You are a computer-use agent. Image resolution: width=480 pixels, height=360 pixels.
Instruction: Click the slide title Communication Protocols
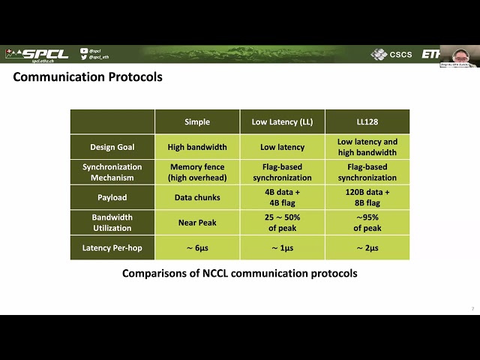pos(88,76)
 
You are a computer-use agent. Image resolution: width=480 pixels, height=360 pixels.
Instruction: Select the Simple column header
pos(197,122)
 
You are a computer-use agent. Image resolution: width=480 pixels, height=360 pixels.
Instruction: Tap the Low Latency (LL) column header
pos(282,122)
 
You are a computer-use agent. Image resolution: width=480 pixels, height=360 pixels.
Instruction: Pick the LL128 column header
pos(367,122)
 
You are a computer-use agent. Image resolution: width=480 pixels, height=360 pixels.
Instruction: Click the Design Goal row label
pos(112,147)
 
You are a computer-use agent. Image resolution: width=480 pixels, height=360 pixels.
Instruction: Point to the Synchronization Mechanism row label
pos(112,172)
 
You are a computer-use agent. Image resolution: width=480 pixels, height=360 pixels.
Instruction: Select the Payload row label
pos(112,198)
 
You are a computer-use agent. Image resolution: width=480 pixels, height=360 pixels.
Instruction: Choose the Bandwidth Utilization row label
pos(112,223)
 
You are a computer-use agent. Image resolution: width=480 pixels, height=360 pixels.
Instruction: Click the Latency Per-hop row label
pos(112,248)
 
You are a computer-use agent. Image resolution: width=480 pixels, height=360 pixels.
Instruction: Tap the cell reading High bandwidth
pos(197,147)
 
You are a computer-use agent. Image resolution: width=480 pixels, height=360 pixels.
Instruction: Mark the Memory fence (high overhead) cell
pos(197,172)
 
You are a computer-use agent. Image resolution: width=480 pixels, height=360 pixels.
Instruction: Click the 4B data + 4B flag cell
pos(282,198)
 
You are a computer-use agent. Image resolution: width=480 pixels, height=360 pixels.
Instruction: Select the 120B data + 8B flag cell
pos(367,198)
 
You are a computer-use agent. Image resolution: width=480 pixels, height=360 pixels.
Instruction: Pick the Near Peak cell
pos(197,223)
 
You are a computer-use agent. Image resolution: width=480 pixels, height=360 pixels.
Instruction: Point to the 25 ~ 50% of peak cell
pos(282,223)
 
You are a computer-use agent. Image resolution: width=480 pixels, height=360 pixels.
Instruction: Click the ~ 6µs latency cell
pos(197,248)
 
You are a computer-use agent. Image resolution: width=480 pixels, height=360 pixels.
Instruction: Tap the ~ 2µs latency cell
pos(367,248)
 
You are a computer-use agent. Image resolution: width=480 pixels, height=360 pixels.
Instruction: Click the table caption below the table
pos(239,274)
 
